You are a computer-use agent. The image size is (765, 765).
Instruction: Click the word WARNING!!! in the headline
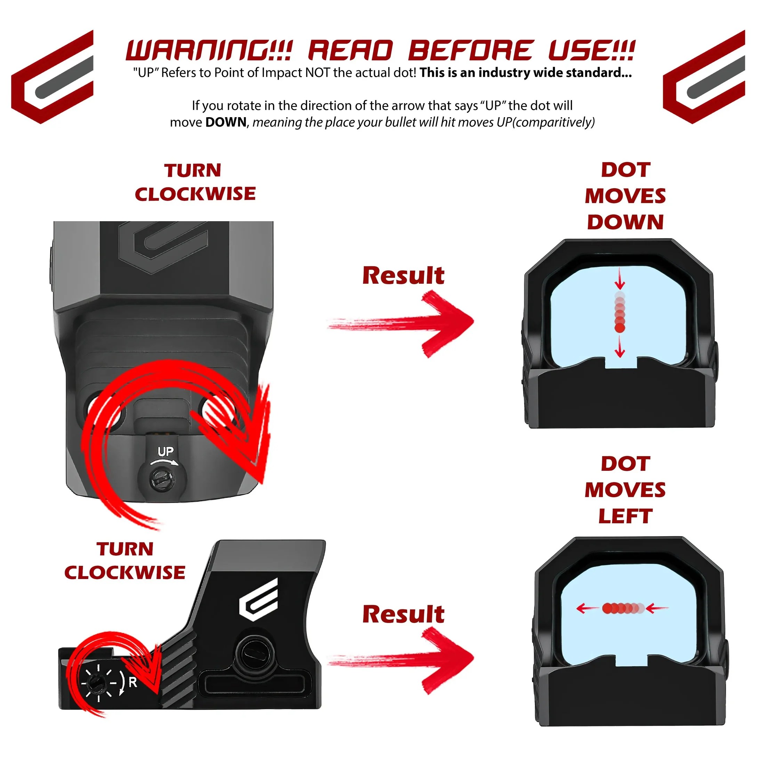point(209,51)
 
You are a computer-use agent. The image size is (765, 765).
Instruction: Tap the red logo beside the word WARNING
point(52,77)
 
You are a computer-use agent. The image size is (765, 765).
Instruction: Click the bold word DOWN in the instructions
point(226,122)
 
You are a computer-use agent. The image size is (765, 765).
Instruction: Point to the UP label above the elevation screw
point(165,451)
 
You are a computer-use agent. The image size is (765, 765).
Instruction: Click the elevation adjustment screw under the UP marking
point(162,480)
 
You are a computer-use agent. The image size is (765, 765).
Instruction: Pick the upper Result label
point(403,276)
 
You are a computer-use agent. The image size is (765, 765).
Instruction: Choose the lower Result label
point(403,614)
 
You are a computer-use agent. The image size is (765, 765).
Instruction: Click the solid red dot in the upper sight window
point(620,328)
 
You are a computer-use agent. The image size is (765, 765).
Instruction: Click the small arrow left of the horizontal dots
point(587,608)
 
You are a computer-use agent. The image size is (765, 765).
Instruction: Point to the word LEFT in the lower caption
point(625,516)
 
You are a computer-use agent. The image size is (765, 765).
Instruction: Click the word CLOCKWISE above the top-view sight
point(195,194)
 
